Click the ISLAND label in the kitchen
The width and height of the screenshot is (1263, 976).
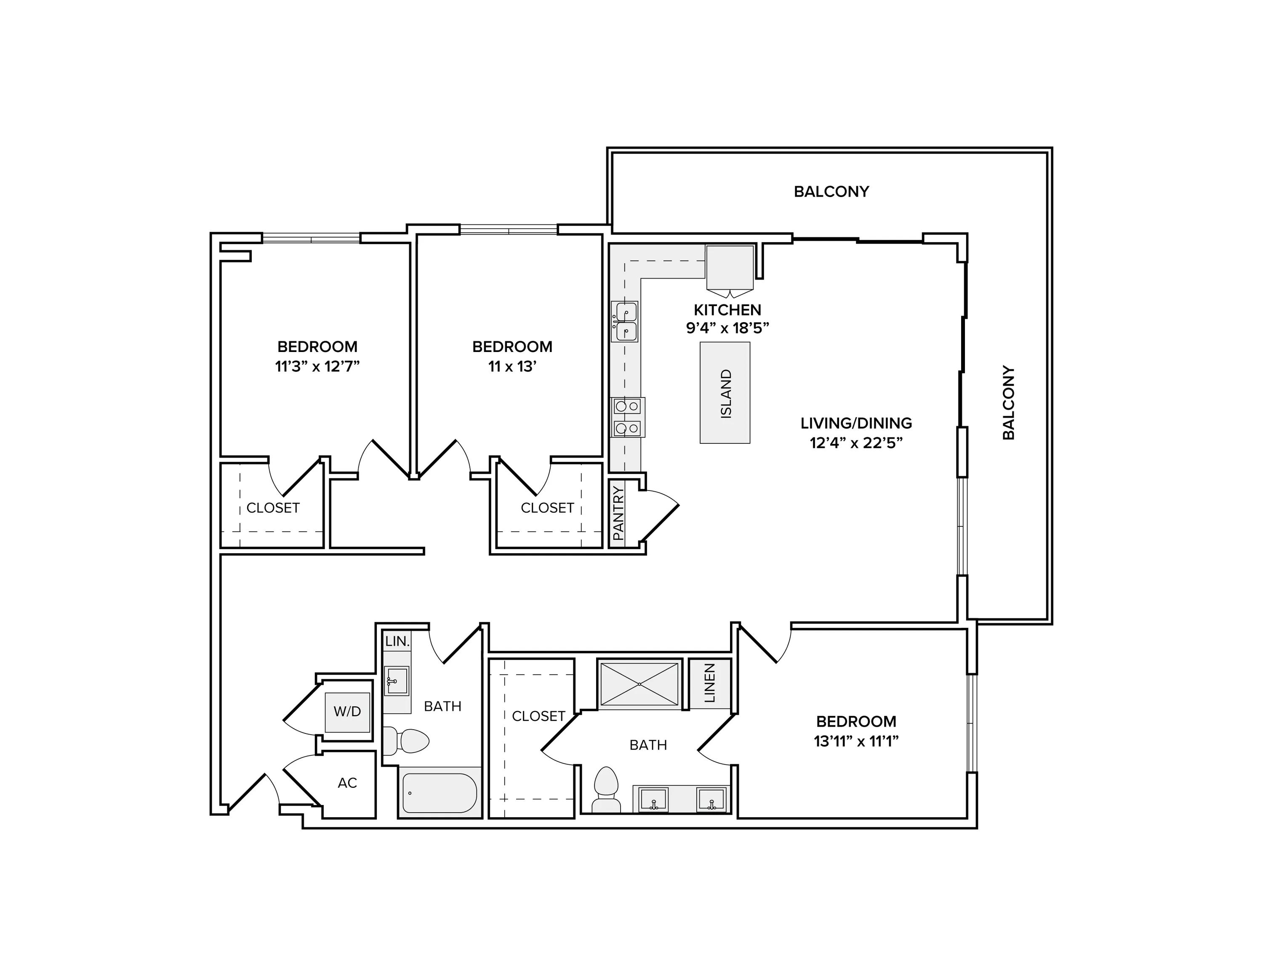pyautogui.click(x=726, y=393)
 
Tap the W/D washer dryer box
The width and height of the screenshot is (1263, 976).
pyautogui.click(x=347, y=711)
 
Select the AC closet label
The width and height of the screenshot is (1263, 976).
pyautogui.click(x=347, y=783)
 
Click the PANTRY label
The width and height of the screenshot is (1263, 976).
pyautogui.click(x=618, y=513)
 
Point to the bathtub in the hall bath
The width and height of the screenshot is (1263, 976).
pyautogui.click(x=440, y=793)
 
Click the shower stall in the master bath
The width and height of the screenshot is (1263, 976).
pyautogui.click(x=639, y=684)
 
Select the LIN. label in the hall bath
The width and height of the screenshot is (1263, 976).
pyautogui.click(x=397, y=641)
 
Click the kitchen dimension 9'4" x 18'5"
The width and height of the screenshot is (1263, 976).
pyautogui.click(x=727, y=328)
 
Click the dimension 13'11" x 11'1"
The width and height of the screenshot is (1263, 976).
pyautogui.click(x=856, y=741)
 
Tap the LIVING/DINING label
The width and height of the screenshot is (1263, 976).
pyautogui.click(x=856, y=423)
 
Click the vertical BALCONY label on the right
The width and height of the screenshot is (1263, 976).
pyautogui.click(x=1009, y=403)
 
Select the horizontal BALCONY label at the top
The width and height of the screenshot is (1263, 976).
pyautogui.click(x=831, y=192)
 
